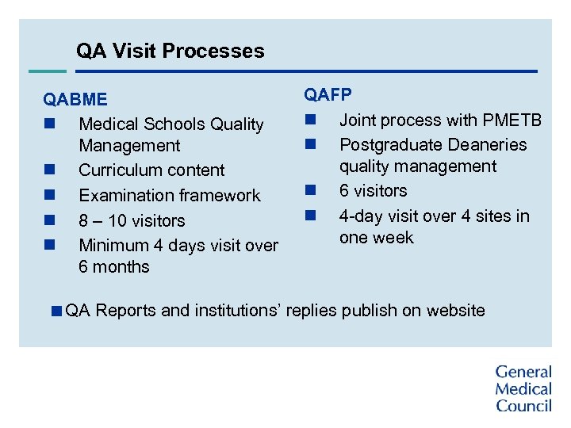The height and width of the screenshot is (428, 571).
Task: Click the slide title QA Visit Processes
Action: click(x=170, y=52)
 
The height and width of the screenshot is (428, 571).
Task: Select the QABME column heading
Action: click(x=75, y=100)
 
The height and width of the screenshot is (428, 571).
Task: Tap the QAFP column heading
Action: click(x=328, y=95)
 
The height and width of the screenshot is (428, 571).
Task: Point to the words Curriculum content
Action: click(x=151, y=170)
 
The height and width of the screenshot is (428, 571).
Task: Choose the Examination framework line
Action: click(x=169, y=195)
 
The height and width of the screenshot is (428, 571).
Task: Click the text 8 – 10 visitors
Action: click(x=132, y=220)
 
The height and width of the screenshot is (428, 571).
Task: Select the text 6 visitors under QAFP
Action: click(x=373, y=191)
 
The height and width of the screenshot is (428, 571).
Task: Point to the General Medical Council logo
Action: click(x=523, y=388)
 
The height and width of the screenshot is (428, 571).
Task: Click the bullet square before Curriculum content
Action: click(x=48, y=170)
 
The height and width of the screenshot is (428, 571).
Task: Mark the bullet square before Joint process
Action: click(x=309, y=120)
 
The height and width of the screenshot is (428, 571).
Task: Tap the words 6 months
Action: click(x=114, y=267)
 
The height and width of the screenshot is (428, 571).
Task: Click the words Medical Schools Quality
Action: click(x=171, y=124)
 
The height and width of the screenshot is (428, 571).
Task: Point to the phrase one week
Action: click(x=376, y=238)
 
